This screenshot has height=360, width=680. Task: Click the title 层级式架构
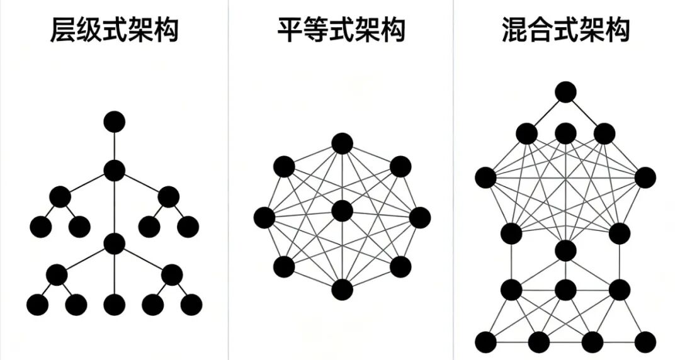[x=114, y=30]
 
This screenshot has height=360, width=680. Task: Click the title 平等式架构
[x=341, y=30]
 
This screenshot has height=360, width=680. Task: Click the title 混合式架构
[x=566, y=30]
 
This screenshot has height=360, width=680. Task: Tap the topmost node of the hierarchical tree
[x=114, y=121]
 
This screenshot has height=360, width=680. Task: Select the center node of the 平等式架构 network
[x=341, y=211]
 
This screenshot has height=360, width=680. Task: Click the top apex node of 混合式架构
[x=565, y=93]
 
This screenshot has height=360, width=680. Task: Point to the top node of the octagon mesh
[x=341, y=143]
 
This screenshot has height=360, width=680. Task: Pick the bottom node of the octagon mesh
[x=341, y=290]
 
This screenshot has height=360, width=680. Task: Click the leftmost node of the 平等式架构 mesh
[x=264, y=218]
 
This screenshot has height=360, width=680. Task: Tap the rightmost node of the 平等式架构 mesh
[x=419, y=218]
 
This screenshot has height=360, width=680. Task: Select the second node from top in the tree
[x=114, y=170]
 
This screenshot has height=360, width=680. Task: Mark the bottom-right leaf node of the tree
[x=191, y=305]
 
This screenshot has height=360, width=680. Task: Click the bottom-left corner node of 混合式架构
[x=485, y=342]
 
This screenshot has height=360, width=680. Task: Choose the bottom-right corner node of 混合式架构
[x=645, y=342]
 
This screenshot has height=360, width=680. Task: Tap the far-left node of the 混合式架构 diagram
[x=485, y=177]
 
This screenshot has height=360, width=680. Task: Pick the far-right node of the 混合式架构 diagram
[x=645, y=177]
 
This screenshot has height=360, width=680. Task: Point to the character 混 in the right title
[x=514, y=30]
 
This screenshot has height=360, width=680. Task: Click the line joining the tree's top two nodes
[x=114, y=146]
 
